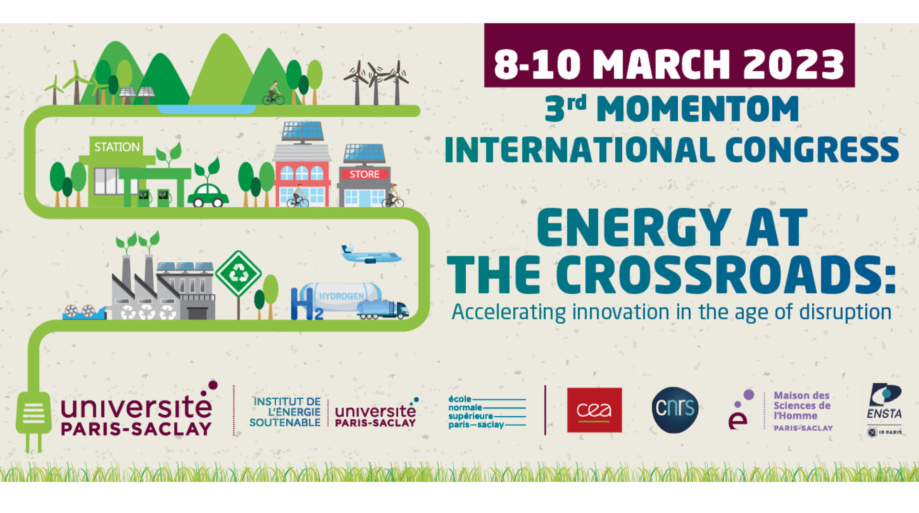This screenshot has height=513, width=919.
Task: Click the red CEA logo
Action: point(594,410)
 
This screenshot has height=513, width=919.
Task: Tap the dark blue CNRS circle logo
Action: point(675,410)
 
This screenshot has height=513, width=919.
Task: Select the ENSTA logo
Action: point(885,410)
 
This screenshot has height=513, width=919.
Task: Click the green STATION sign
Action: point(117,147)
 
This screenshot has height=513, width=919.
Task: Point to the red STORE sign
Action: point(364,174)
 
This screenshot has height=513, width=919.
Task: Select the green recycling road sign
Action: point(238,274)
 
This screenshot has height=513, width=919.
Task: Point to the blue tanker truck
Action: point(383,310)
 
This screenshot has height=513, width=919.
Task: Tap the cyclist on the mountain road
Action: point(273,93)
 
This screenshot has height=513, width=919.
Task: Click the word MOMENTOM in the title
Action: point(697,110)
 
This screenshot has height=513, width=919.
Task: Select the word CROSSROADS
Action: point(726,275)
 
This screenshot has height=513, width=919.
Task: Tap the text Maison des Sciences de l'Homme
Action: point(802,406)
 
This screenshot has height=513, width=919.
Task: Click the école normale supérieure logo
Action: point(487,412)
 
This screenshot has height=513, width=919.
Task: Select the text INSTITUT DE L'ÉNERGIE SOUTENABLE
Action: point(285,412)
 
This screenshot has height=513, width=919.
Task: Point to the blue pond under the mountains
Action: point(207,109)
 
